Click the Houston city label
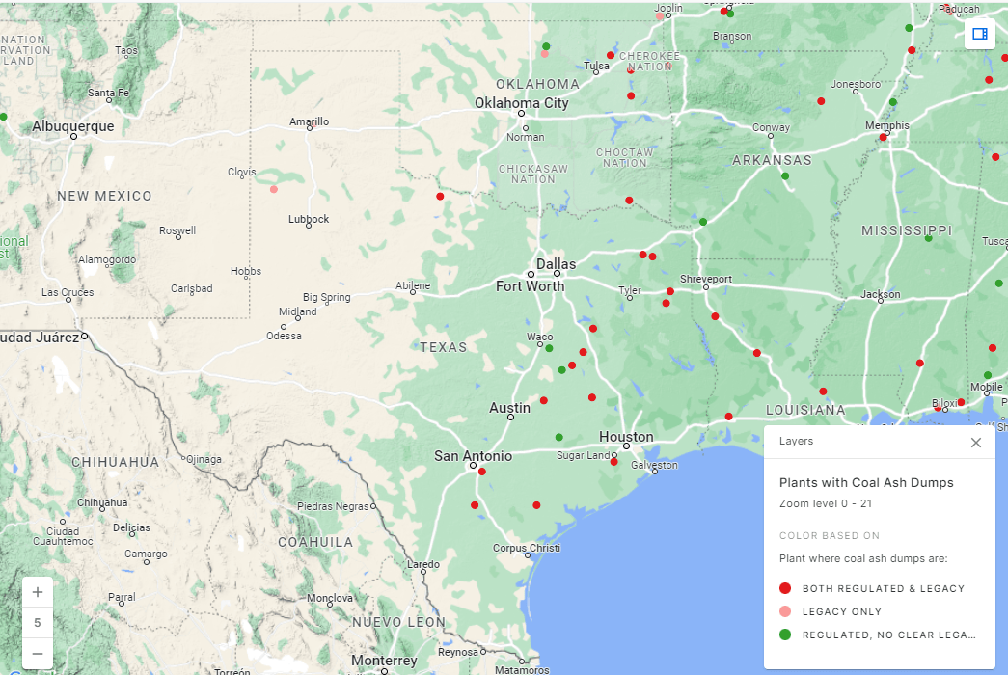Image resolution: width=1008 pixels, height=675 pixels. coord(626,437)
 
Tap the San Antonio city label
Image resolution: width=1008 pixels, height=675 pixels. coord(473,456)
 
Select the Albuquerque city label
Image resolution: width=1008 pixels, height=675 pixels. coord(72,126)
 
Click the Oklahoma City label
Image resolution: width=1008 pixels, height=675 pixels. coord(521,103)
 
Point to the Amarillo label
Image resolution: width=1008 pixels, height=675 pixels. coord(310,121)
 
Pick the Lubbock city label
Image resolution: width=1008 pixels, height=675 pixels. coord(309,219)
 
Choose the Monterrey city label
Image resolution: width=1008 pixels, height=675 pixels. coord(384,661)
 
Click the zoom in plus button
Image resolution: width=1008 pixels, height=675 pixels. coord(38,592)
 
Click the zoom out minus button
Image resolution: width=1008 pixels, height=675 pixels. coord(38,654)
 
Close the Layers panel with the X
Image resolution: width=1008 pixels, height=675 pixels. coord(976,443)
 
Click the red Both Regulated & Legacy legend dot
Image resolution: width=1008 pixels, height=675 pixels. coord(785,588)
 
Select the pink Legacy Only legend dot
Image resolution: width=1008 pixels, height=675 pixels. coord(785,611)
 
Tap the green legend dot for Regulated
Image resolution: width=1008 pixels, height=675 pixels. coord(785,634)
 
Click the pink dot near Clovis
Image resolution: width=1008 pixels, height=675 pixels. coord(274,189)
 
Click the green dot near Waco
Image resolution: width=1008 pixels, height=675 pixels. coord(549,348)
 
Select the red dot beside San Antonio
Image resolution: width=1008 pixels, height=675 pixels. coord(481,472)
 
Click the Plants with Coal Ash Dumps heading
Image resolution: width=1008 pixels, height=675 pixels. coord(866,482)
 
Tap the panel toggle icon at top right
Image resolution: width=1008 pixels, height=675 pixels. coord(980,34)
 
